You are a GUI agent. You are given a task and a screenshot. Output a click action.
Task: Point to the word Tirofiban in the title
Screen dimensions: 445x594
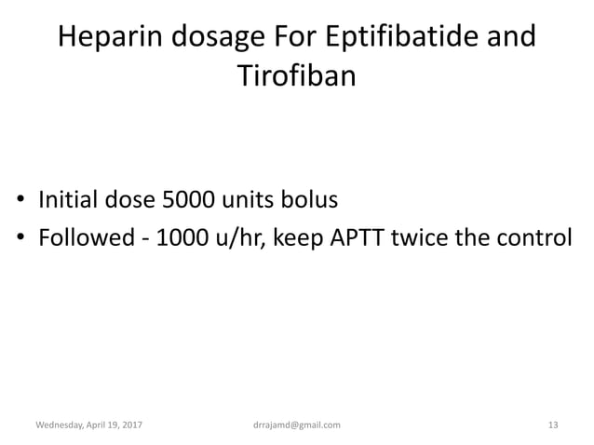point(297,75)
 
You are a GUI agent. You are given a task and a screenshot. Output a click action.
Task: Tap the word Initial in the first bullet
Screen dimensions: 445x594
point(71,200)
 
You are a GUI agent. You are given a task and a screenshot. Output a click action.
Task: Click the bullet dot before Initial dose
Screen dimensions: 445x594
point(20,201)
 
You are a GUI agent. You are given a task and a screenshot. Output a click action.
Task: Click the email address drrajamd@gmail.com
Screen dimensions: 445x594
point(296,425)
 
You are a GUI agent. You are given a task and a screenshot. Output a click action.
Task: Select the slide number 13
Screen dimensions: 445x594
point(553,425)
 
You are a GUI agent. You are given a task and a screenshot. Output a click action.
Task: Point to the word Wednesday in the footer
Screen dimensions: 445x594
point(61,425)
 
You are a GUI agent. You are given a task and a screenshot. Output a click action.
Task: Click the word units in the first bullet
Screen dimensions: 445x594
point(277,200)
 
